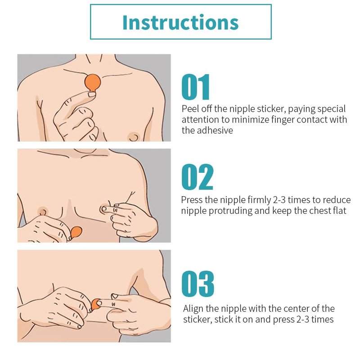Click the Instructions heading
[x=180, y=22]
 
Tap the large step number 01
[x=196, y=87]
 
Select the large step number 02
[x=197, y=177]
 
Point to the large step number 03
[x=198, y=284]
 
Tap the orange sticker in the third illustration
[x=95, y=305]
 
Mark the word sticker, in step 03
[x=198, y=319]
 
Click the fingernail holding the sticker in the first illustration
[x=92, y=94]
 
